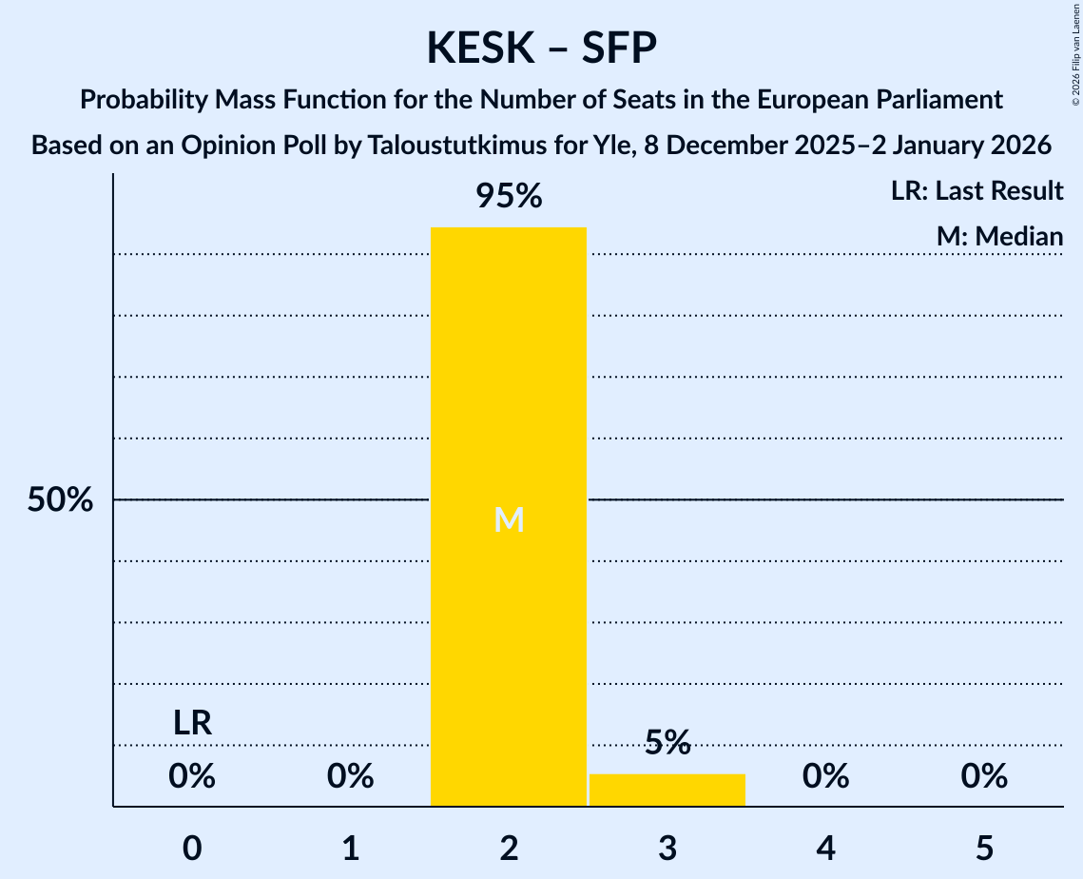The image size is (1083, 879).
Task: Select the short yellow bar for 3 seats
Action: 667,791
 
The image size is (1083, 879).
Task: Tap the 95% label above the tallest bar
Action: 509,196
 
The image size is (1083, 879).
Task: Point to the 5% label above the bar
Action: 667,743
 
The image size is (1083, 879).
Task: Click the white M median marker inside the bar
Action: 509,519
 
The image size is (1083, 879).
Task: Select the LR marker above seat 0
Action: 192,723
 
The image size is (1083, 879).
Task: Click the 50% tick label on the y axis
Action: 60,500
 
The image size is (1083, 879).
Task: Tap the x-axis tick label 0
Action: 192,847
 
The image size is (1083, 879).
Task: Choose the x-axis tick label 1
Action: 351,847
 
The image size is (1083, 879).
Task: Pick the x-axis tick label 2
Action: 509,847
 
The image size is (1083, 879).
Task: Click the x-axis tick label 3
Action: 667,847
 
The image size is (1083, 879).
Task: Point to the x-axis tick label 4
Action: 825,847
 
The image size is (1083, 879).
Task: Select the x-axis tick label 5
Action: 984,847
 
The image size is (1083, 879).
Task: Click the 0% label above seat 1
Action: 351,777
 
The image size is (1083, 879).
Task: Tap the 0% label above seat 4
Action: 825,777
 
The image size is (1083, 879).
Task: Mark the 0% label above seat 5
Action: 984,777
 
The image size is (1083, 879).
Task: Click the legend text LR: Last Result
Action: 977,191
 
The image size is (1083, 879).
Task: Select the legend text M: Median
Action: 999,236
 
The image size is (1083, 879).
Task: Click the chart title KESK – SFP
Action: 541,48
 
